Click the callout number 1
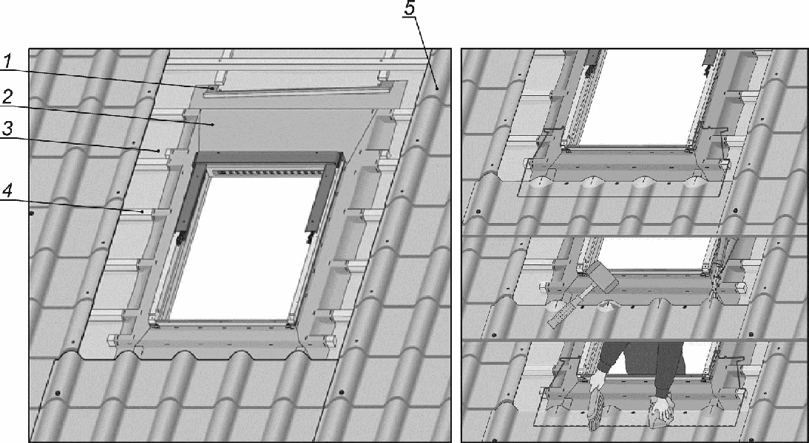tap(7, 61)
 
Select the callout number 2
tap(7, 97)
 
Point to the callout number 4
tap(7, 191)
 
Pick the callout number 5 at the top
tap(410, 9)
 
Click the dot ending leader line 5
tap(436, 88)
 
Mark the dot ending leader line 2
tap(213, 125)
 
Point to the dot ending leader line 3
tap(158, 151)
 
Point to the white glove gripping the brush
tap(598, 382)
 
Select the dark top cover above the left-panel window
tap(268, 157)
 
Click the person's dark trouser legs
tap(643, 364)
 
